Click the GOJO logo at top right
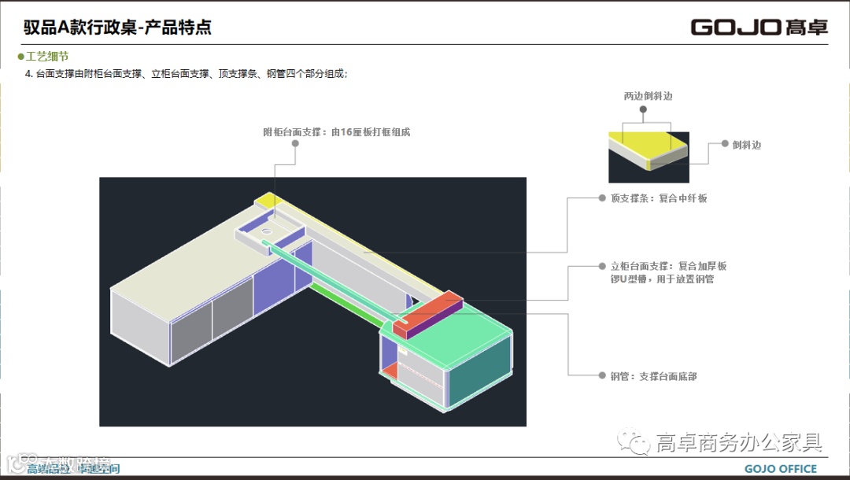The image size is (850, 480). [759, 28]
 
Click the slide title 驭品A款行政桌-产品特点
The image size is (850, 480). [117, 28]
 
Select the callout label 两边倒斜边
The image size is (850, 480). [648, 96]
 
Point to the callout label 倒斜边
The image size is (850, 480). [746, 145]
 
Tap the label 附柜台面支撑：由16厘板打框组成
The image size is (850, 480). [336, 132]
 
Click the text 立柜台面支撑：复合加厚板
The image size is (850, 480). [668, 266]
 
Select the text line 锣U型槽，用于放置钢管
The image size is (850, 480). [662, 279]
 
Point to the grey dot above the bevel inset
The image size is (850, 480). [644, 110]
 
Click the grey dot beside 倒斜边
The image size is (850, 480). [725, 145]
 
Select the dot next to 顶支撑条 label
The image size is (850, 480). [601, 198]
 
